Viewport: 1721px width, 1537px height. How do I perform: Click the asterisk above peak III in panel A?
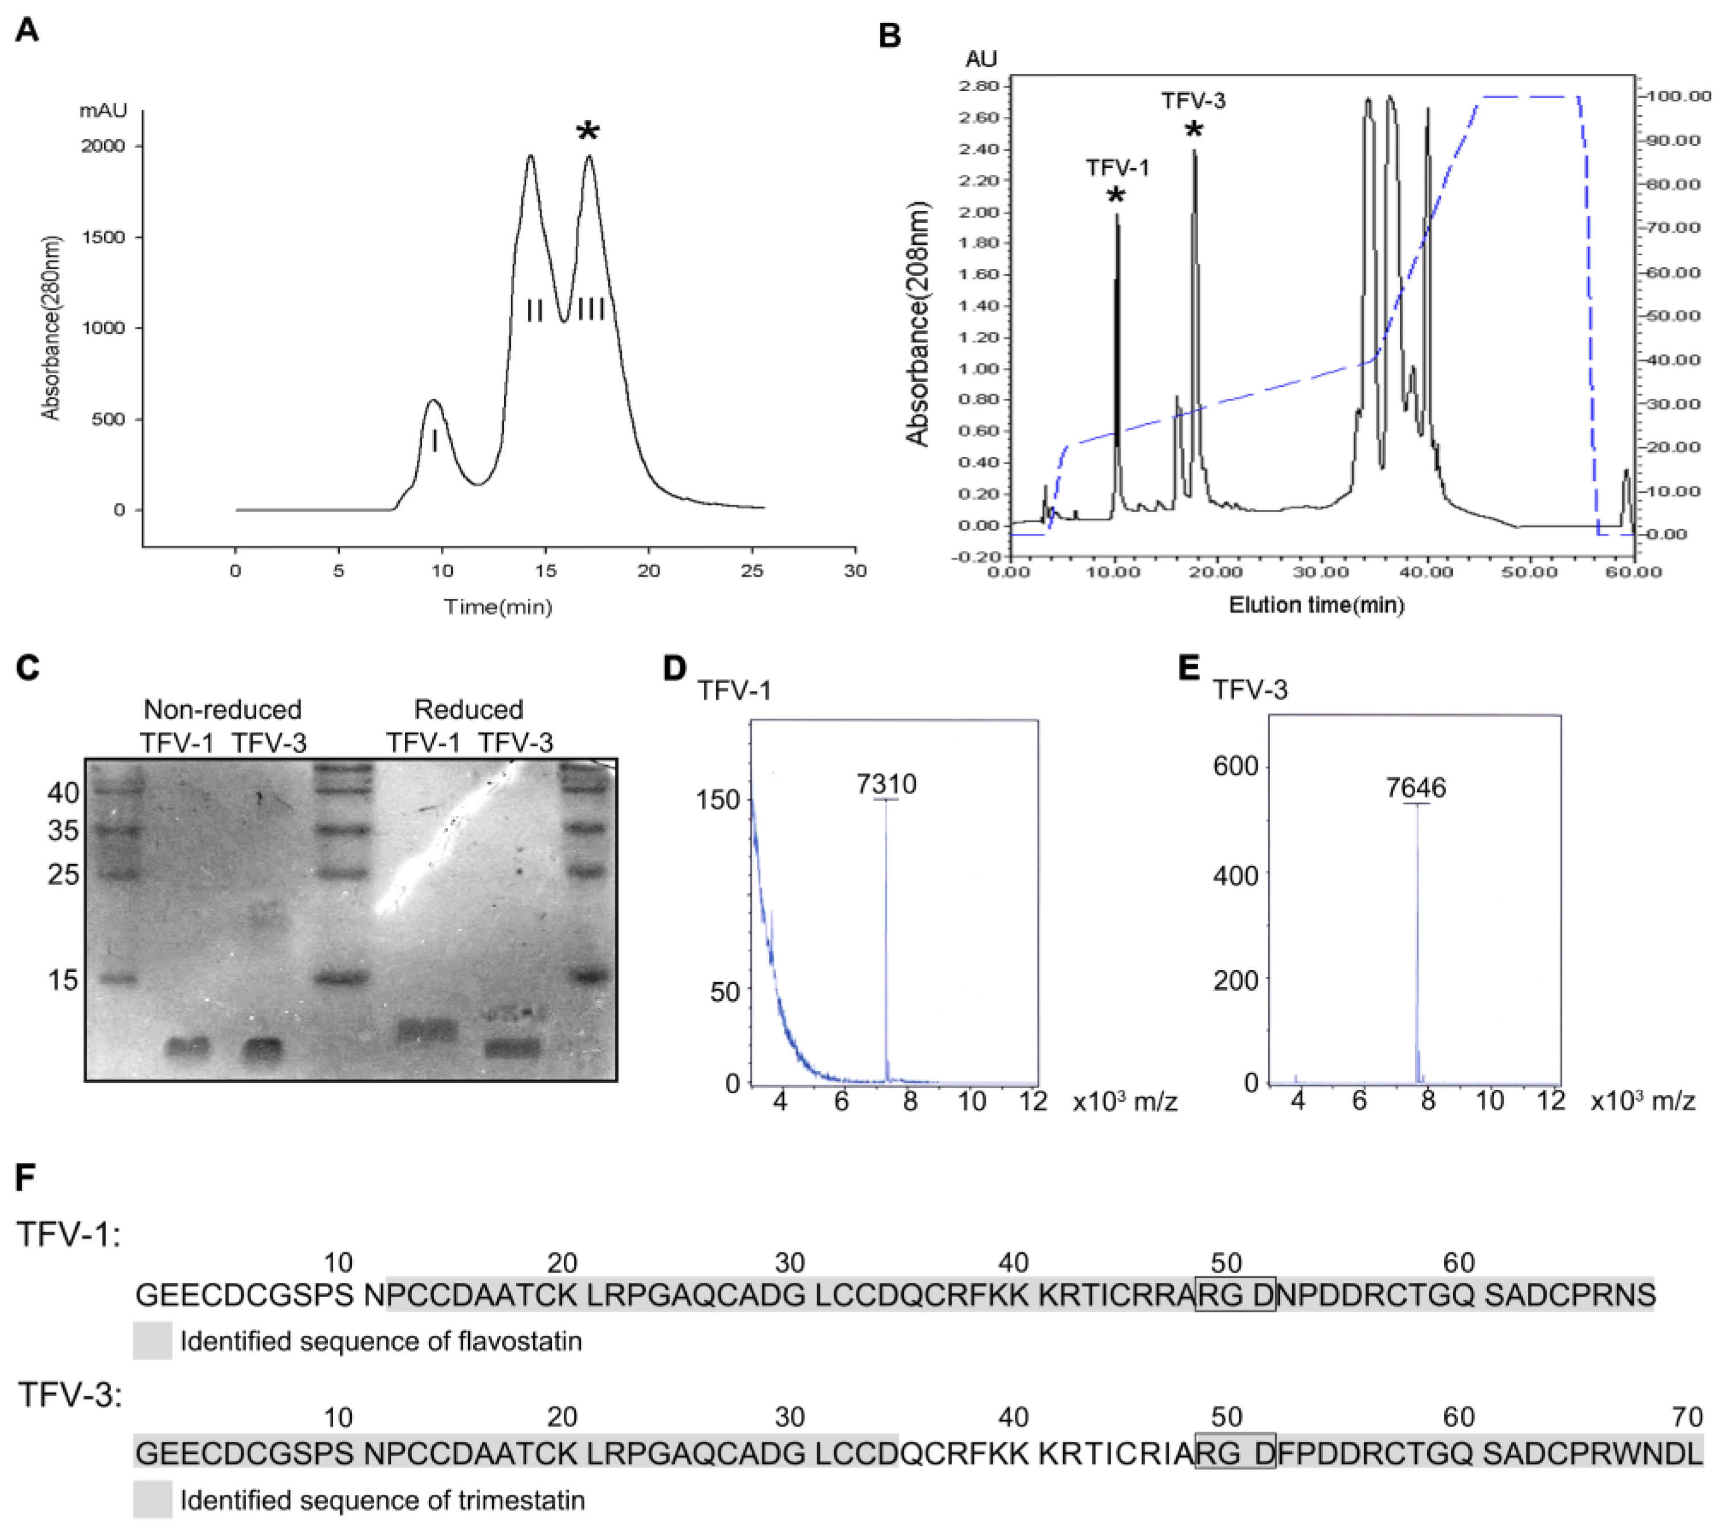coord(588,132)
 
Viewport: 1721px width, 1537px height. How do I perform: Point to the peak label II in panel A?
coord(534,310)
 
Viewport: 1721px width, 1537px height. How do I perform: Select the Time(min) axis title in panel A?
coord(498,606)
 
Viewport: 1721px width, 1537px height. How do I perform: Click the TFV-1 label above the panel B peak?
coord(1117,168)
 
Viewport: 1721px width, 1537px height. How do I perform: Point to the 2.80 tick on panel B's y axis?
coord(978,86)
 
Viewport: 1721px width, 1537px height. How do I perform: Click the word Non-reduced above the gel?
coord(222,709)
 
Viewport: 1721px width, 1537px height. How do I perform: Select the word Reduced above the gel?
coord(469,709)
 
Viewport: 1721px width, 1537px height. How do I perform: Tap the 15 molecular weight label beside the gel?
coord(63,980)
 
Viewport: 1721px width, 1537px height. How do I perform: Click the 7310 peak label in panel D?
coord(886,784)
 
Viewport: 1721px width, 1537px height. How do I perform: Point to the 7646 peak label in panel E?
coord(1415,787)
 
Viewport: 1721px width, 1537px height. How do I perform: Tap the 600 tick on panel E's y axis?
coord(1235,766)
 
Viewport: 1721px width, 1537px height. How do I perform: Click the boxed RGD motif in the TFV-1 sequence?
coord(1235,1295)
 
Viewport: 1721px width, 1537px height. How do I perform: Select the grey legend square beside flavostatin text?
coord(152,1341)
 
